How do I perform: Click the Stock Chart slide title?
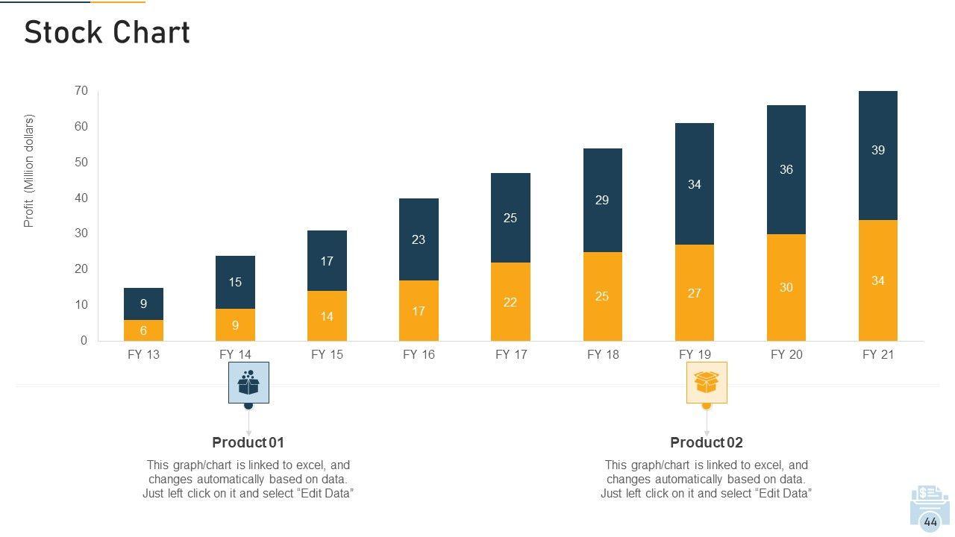click(107, 33)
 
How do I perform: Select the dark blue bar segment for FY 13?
click(143, 304)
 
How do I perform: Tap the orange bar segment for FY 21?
click(878, 280)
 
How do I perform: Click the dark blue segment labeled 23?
click(419, 239)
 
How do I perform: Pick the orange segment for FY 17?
click(510, 301)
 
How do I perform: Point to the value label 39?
click(878, 150)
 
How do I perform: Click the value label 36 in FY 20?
click(786, 169)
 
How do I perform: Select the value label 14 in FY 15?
click(327, 316)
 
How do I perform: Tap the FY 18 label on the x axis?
click(603, 355)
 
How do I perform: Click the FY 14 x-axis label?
click(236, 355)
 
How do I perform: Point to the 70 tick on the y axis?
click(81, 91)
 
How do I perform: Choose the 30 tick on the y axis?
click(81, 233)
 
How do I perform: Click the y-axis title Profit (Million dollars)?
click(29, 171)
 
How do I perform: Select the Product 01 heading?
click(248, 442)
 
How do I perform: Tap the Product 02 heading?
click(707, 442)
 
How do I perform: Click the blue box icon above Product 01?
click(248, 383)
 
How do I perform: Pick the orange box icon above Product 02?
click(707, 383)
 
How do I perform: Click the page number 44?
click(930, 522)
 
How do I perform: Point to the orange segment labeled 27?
click(695, 293)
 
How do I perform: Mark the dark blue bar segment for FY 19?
click(695, 183)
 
